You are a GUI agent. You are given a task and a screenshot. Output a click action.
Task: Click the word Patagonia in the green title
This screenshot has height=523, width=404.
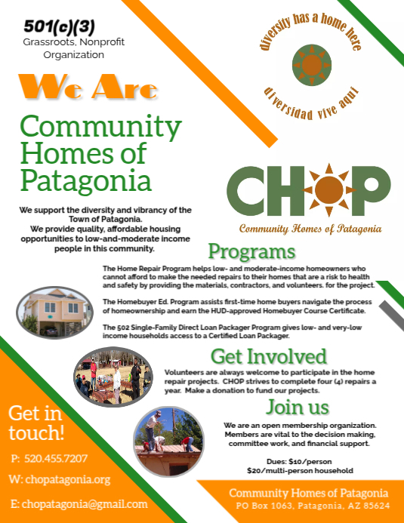tap(86, 180)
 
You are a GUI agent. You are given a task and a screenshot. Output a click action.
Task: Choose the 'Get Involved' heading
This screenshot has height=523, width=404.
tap(268, 356)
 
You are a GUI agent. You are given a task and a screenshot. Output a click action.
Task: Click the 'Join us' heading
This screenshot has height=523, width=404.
tap(298, 408)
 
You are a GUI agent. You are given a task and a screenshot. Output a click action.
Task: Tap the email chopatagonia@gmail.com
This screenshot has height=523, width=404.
tap(79, 503)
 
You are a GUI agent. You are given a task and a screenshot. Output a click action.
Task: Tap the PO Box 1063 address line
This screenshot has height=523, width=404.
tap(313, 505)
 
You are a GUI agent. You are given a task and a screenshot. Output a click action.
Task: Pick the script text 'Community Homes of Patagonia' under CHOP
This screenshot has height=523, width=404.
tap(310, 228)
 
